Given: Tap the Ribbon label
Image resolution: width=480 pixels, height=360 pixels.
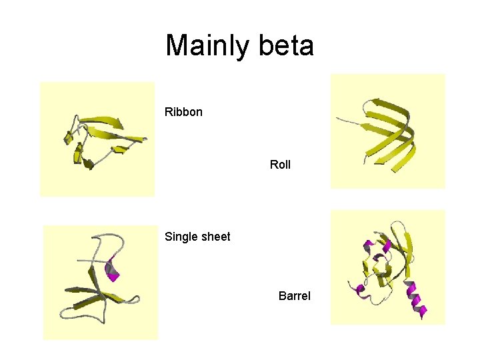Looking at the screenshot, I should (x=183, y=112).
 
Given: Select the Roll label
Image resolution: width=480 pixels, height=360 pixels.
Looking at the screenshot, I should (x=280, y=164).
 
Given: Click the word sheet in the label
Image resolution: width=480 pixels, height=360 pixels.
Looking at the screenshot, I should (x=215, y=237).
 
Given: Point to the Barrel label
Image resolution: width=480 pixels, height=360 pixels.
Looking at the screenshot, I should (x=294, y=295).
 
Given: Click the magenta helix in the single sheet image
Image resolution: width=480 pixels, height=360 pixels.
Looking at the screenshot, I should (x=112, y=269).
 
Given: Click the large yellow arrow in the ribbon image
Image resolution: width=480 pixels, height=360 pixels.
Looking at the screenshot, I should (x=103, y=122).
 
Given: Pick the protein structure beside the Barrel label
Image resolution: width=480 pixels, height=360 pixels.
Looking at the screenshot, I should (x=387, y=267).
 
